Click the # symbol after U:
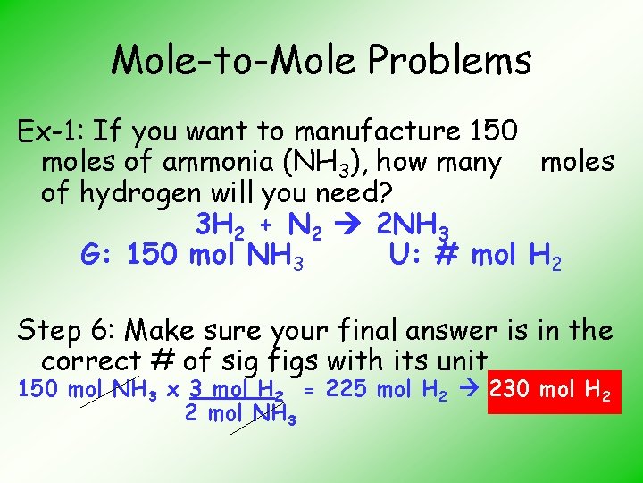(x=446, y=255)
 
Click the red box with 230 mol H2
(x=554, y=391)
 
